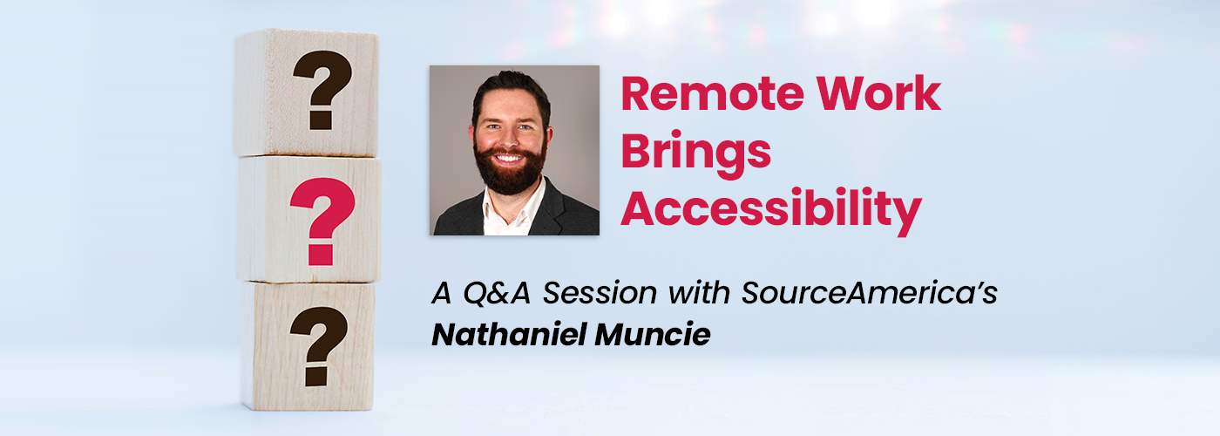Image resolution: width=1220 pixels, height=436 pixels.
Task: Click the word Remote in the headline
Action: [713, 94]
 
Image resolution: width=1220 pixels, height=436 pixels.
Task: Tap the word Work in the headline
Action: [879, 94]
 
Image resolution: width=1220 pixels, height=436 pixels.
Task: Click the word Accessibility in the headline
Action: [771, 211]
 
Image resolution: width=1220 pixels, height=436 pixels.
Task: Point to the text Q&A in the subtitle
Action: [497, 293]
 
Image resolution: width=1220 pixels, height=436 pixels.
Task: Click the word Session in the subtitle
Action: [600, 293]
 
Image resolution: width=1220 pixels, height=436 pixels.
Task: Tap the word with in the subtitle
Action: [699, 292]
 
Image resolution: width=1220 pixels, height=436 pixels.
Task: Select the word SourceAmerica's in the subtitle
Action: [870, 293]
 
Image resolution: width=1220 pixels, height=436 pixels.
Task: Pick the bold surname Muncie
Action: [653, 334]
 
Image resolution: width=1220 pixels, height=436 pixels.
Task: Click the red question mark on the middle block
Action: [322, 221]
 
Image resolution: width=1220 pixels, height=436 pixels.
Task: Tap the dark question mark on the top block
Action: [322, 90]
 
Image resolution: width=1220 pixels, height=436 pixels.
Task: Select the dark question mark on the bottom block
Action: [319, 347]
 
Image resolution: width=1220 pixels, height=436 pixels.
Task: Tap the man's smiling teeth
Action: [509, 159]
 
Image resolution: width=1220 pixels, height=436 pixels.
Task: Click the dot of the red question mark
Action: [321, 255]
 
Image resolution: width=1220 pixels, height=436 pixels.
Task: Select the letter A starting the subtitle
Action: [442, 293]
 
